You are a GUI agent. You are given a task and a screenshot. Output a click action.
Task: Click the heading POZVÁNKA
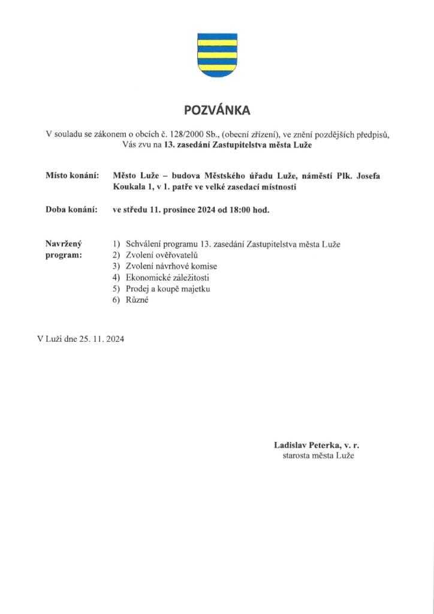pyautogui.click(x=216, y=110)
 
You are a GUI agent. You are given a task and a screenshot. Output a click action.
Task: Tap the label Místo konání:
pyautogui.click(x=71, y=176)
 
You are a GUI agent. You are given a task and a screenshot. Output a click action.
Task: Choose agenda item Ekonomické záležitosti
pyautogui.click(x=167, y=278)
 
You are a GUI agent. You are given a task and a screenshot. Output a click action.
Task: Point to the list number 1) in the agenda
pyautogui.click(x=116, y=244)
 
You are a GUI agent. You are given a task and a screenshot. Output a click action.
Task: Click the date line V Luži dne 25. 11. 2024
pyautogui.click(x=81, y=339)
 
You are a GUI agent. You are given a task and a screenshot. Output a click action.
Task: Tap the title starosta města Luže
pyautogui.click(x=318, y=456)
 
